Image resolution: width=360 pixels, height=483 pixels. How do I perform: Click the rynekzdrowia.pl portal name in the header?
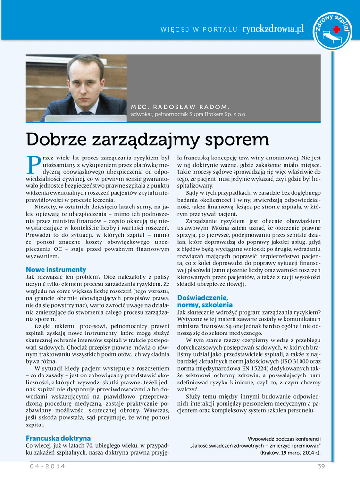[x=273, y=29]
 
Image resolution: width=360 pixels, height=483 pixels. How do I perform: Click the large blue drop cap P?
[x=33, y=164]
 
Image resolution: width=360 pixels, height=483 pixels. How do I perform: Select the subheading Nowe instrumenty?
[x=56, y=270]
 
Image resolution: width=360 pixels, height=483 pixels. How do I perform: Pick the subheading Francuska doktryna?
[x=58, y=438]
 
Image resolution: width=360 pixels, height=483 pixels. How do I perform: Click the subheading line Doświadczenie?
[x=202, y=298]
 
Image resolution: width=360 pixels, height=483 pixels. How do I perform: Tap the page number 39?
[x=322, y=466]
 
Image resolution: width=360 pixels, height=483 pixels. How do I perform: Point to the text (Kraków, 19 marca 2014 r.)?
[x=290, y=453]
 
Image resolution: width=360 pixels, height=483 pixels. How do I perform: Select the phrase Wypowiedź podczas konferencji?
[x=284, y=439]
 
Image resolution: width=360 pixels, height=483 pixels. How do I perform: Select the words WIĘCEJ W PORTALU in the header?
[x=199, y=30]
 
